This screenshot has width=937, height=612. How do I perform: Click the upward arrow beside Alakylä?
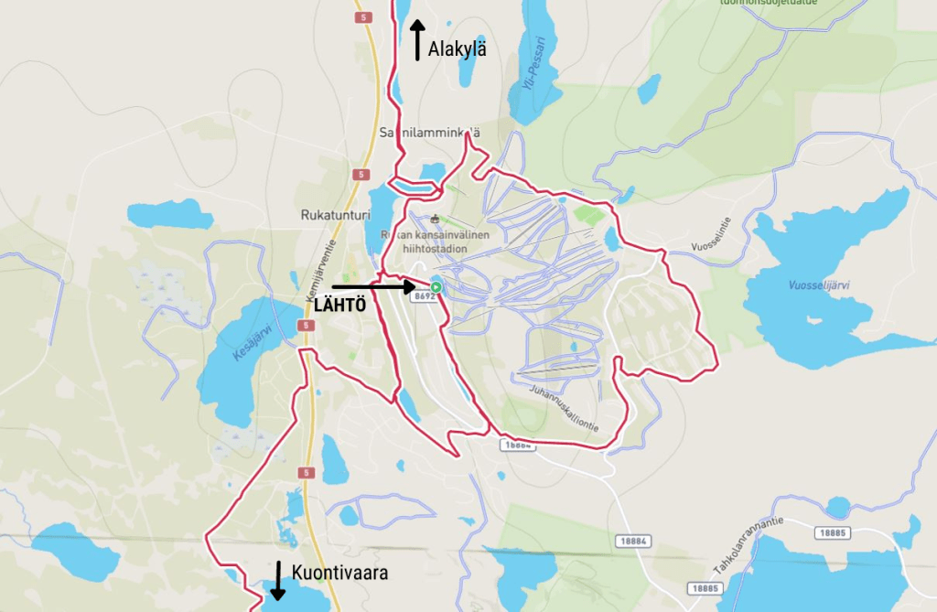pos(417,40)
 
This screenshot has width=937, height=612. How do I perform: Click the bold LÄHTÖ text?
pos(339,306)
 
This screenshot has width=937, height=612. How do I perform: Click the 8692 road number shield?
pos(425,296)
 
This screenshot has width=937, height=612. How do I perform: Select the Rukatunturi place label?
pos(334,215)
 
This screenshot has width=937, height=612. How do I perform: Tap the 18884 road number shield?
pos(631,542)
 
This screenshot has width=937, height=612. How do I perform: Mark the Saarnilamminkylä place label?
pos(429,134)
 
